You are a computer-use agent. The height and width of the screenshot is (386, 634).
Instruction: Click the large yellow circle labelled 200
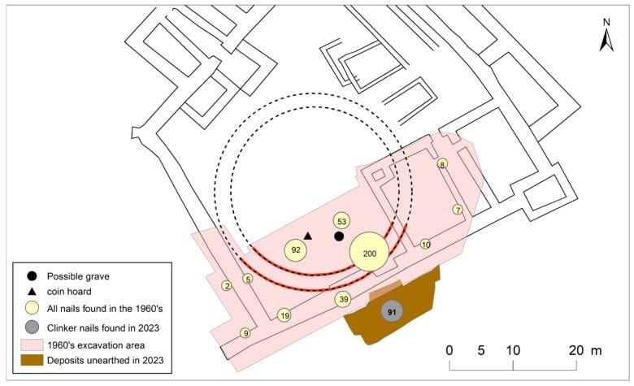coord(369,252)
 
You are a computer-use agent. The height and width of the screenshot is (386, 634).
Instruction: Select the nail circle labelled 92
coord(296,250)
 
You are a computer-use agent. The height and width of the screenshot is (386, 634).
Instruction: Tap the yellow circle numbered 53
coord(341,221)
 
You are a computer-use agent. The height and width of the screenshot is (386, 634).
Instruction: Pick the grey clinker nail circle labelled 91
coord(392,311)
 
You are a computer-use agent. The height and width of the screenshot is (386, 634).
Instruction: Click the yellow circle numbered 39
coord(343,299)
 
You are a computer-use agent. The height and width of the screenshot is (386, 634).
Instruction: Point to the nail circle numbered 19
coord(284,315)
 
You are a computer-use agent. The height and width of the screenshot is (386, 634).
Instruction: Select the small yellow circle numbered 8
coord(442,164)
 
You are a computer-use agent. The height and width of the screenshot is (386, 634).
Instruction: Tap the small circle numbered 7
coord(458,210)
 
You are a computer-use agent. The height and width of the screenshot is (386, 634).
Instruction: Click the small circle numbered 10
coord(425,244)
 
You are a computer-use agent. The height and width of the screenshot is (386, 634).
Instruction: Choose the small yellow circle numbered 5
coord(248,279)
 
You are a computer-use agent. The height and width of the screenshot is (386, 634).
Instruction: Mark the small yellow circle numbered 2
coord(227,286)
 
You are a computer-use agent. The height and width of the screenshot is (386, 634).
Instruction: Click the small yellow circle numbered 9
coord(245,333)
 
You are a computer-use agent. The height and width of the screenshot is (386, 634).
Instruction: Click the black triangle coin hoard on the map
coord(308,236)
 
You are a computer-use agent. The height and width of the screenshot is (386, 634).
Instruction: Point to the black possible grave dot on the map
coord(339,236)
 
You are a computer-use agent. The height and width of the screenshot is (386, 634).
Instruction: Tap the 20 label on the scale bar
coord(576,350)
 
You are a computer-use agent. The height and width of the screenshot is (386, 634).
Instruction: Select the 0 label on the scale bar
coord(449,350)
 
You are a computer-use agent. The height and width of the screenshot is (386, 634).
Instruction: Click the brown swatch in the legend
coord(32,360)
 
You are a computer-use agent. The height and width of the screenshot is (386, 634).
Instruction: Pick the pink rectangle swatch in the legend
coord(32,345)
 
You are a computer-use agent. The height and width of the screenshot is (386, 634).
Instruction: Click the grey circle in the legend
coord(32,327)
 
